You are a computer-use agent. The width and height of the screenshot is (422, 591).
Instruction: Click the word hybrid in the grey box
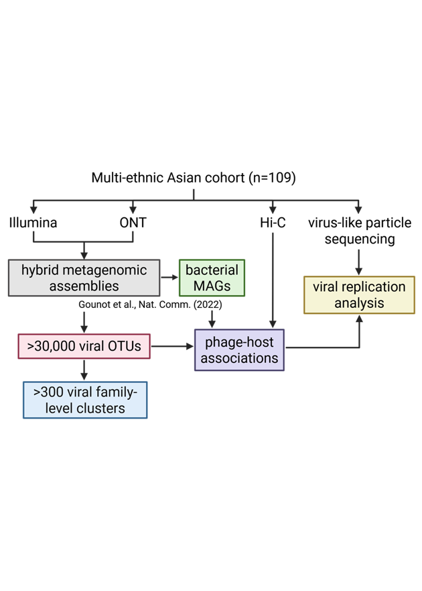point(40,270)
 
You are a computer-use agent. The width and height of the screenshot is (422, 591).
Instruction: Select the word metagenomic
point(105,270)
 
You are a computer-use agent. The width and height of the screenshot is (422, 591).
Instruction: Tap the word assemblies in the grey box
point(84,286)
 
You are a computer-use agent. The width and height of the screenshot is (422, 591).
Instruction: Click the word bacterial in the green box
point(212,270)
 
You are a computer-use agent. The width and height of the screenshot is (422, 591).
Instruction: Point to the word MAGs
point(212,286)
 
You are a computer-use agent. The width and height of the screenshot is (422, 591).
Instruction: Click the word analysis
point(360,303)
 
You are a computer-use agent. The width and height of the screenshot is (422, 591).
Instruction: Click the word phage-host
point(239,342)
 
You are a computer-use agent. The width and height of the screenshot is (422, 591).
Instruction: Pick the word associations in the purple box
point(239,358)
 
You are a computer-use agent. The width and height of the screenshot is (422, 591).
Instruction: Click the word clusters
point(100,407)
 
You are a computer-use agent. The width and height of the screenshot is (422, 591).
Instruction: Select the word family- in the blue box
point(120,392)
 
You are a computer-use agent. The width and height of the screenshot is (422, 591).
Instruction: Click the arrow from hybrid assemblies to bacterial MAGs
point(169,277)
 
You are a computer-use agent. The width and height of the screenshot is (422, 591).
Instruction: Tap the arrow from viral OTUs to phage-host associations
point(172,347)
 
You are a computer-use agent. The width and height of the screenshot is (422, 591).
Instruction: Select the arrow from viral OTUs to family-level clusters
point(84,370)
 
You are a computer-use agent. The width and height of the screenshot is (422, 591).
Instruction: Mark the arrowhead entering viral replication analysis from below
point(360,319)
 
